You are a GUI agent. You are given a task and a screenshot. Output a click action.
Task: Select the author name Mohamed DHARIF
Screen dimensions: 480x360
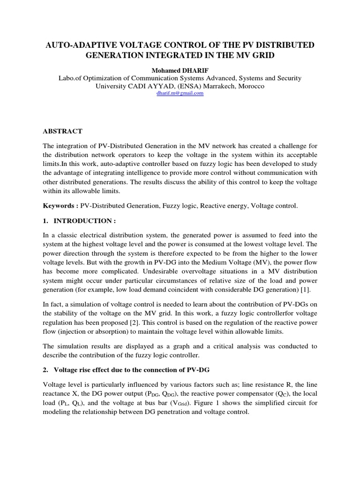coord(180,70)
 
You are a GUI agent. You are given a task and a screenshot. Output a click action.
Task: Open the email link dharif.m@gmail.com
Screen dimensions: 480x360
coord(180,93)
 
